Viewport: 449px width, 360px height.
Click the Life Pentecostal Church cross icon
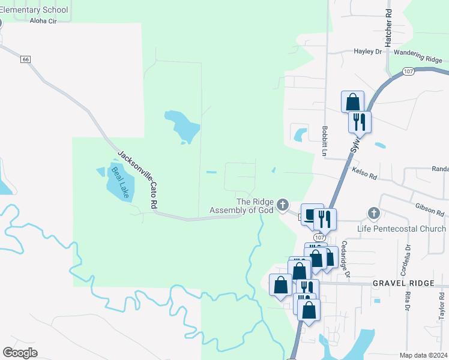[373, 214]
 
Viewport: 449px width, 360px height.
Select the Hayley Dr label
[367, 52]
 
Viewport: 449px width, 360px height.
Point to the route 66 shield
[25, 59]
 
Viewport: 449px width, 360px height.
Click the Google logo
[20, 353]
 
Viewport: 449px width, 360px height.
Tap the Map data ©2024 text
[424, 355]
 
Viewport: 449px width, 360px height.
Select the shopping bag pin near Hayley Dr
[352, 101]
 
